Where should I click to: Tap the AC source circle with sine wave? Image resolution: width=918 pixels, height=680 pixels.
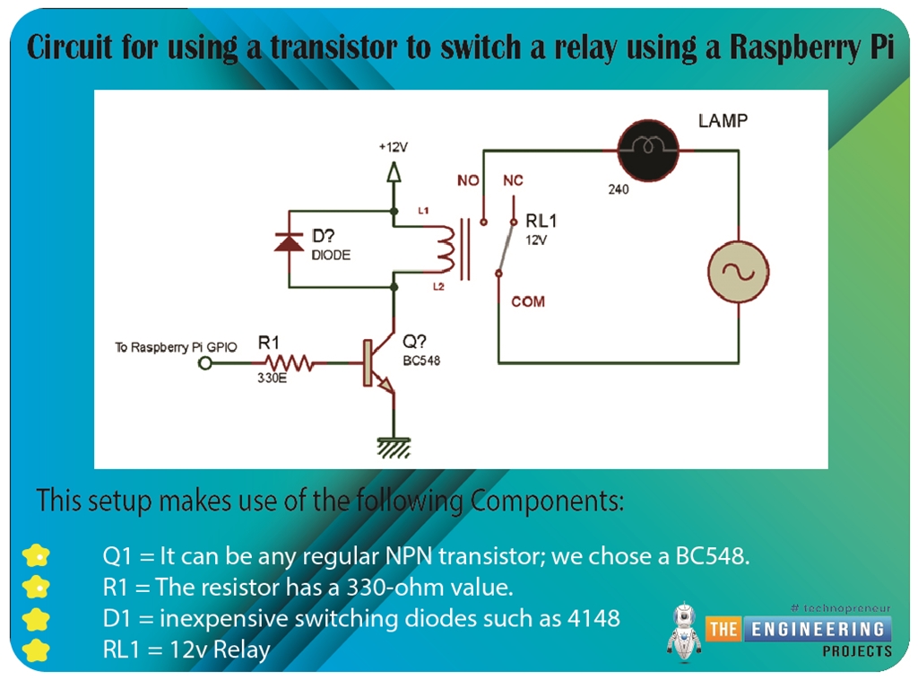point(739,272)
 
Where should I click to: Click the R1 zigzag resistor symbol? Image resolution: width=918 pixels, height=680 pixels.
point(285,363)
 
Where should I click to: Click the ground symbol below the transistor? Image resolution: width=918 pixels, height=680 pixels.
point(393,446)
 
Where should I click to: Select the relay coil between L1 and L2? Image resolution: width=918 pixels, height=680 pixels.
point(446,248)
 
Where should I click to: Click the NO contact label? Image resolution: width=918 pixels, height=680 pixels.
point(468,181)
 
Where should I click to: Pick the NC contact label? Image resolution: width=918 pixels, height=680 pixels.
point(513,181)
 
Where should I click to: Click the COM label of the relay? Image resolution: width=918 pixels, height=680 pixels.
point(528,301)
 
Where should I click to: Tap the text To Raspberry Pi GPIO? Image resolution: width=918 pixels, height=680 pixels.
point(177,347)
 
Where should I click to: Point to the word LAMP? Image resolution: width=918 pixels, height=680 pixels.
point(723,120)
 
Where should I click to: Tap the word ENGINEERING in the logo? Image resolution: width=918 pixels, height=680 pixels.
point(817,628)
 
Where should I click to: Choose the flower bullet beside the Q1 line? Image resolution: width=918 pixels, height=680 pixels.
point(37,556)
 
